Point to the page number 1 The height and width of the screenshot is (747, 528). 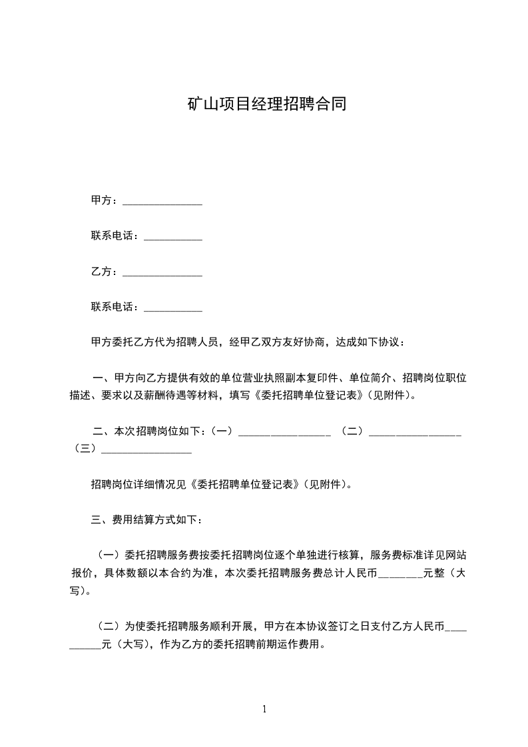click(264, 709)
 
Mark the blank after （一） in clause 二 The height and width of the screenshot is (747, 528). click(284, 433)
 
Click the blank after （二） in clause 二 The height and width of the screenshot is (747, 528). click(415, 433)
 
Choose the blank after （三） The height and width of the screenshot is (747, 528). click(146, 451)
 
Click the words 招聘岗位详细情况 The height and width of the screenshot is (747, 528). click(137, 485)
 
